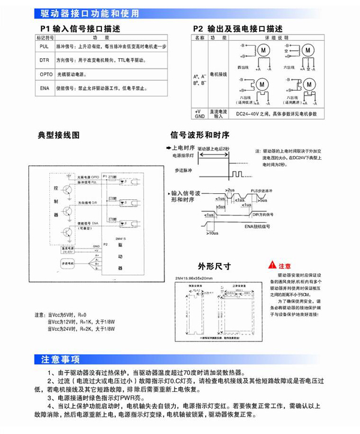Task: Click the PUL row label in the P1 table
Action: (x=44, y=46)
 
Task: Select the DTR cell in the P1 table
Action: (x=44, y=60)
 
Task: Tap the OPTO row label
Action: (x=44, y=74)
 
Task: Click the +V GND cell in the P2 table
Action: (x=197, y=113)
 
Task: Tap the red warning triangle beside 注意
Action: (x=273, y=265)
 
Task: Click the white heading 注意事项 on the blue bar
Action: (x=60, y=360)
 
